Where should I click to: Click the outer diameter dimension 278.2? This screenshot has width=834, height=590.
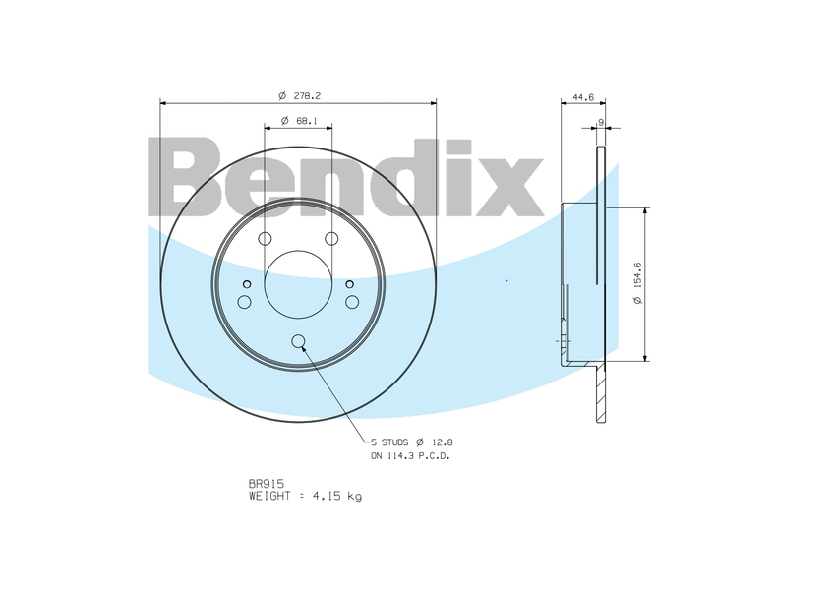[x=301, y=95]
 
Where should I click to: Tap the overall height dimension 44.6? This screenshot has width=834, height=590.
[x=583, y=97]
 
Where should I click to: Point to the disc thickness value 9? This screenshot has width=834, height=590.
[x=600, y=123]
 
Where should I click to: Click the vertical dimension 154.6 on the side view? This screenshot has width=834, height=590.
[x=638, y=284]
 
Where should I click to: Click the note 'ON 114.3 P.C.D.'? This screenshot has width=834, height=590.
[x=411, y=456]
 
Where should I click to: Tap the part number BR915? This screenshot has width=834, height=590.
[x=267, y=484]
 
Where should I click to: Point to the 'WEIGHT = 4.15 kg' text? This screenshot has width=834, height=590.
[x=305, y=497]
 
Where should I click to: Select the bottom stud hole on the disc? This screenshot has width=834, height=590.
[x=299, y=342]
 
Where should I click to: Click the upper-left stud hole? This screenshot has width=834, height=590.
[x=265, y=239]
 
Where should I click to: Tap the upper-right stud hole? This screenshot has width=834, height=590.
[x=331, y=239]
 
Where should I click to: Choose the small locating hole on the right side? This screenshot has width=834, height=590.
[x=350, y=285]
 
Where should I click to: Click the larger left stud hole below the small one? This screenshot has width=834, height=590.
[x=245, y=301]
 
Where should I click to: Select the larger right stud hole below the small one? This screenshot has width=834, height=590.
[x=352, y=301]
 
